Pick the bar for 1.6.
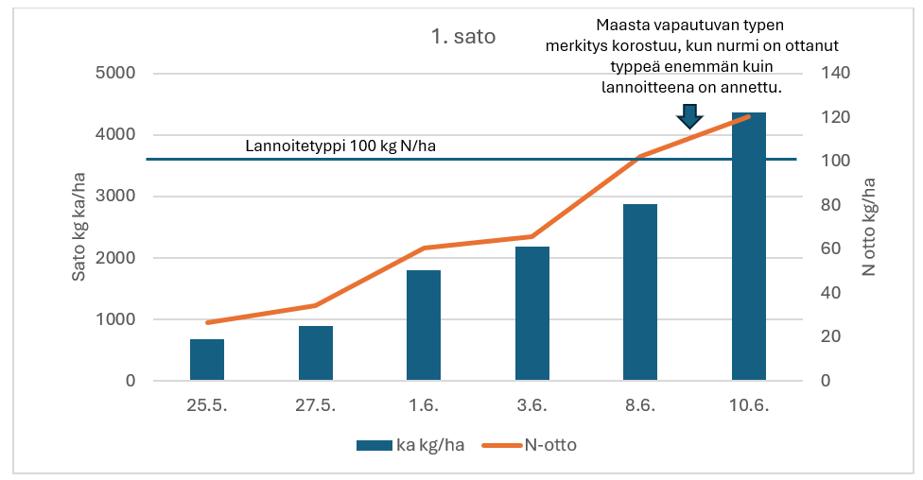pyautogui.click(x=424, y=326)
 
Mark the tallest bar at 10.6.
pyautogui.click(x=748, y=247)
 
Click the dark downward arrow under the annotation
pyautogui.click(x=689, y=115)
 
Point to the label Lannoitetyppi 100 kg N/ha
pyautogui.click(x=340, y=146)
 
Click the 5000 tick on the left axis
pyautogui.click(x=116, y=74)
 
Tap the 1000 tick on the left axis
pyautogui.click(x=116, y=319)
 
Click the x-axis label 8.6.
pyautogui.click(x=640, y=405)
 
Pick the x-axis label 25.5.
pyautogui.click(x=207, y=405)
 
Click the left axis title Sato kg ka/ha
pyautogui.click(x=79, y=226)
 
